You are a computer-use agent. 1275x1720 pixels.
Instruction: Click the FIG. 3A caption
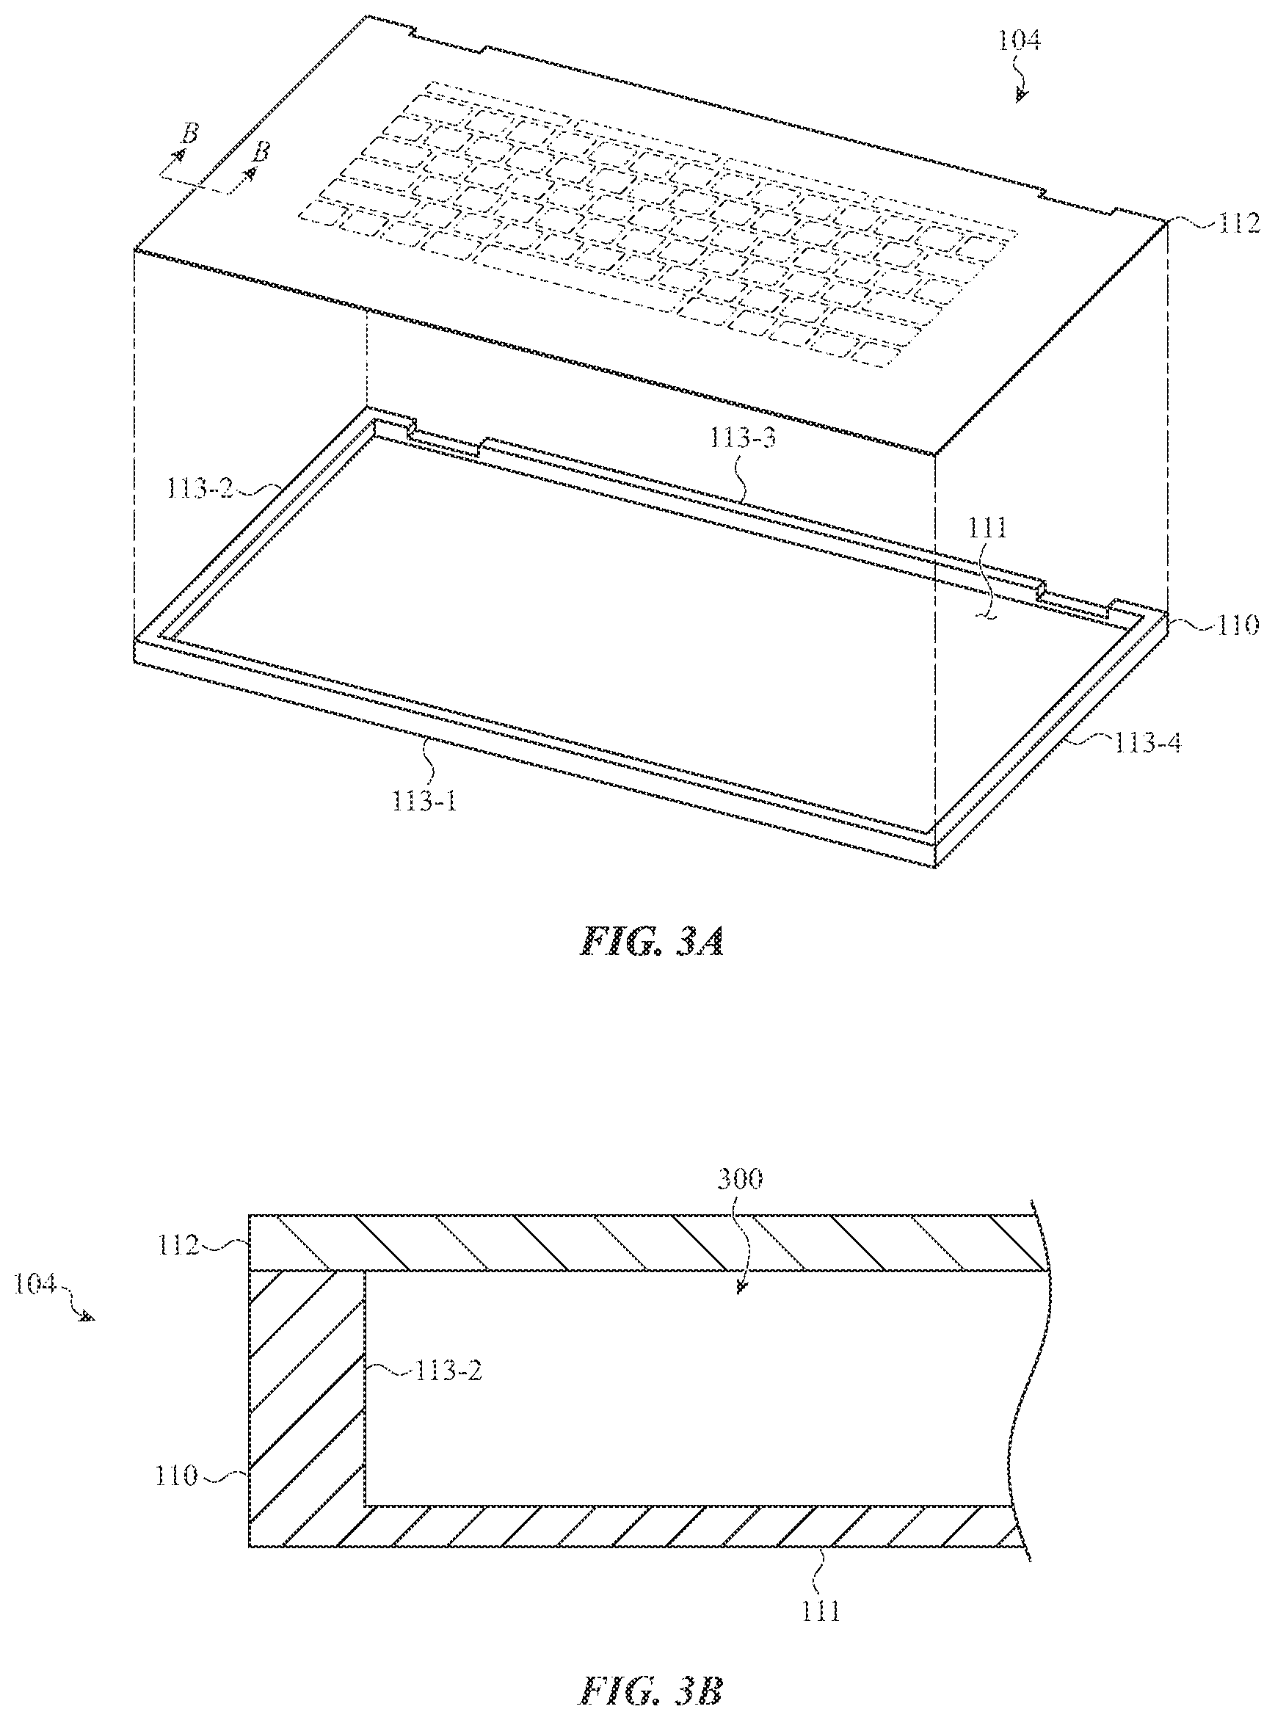652,941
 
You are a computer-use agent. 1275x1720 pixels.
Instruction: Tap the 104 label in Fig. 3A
1019,40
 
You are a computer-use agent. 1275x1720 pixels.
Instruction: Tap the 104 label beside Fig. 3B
34,1285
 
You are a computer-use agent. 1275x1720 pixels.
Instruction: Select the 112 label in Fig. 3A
1239,224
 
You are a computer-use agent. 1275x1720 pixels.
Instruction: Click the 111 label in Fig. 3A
987,528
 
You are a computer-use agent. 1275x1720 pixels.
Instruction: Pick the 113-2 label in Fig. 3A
200,487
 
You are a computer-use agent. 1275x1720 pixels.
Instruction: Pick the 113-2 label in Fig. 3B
448,1371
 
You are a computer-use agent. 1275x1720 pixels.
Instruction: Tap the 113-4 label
1147,742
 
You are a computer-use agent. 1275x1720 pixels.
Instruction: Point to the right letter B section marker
261,150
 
